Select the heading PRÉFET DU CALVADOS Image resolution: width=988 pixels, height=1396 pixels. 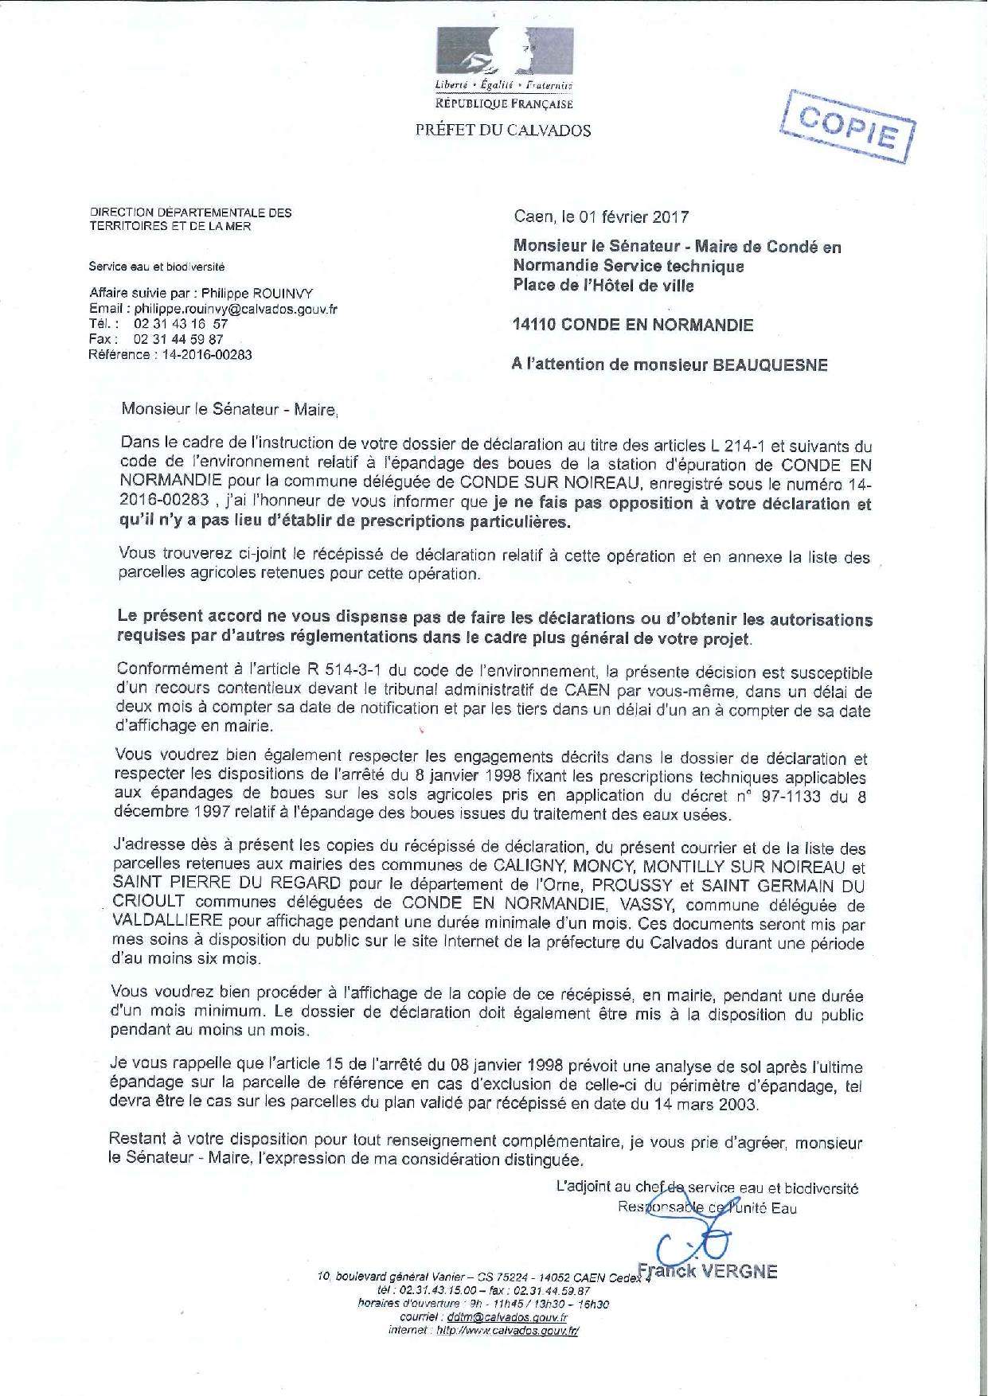(x=503, y=131)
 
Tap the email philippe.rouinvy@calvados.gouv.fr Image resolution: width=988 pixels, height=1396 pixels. (x=236, y=309)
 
